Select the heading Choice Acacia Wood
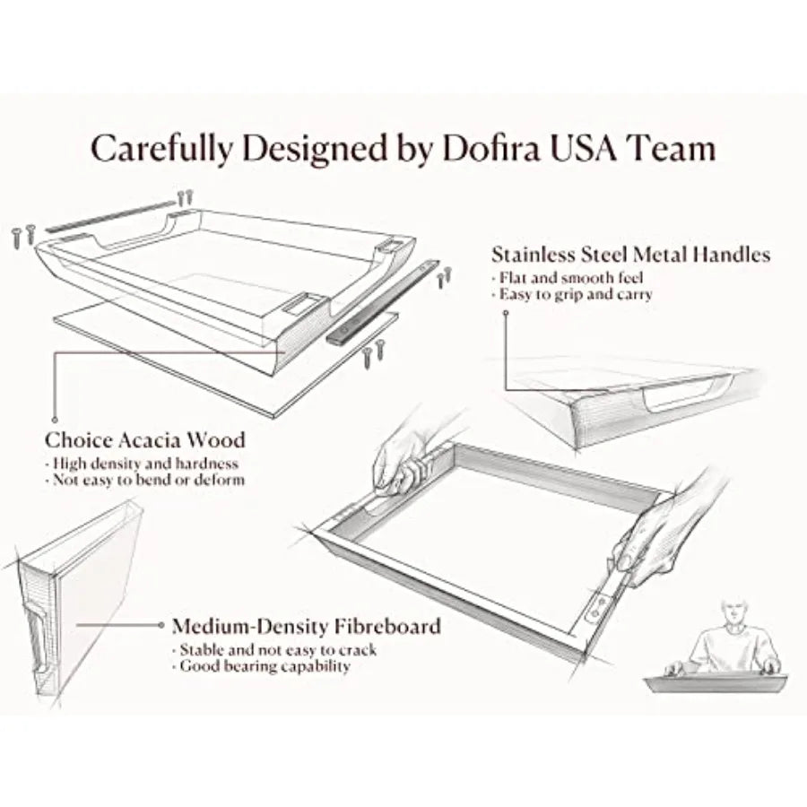(145, 440)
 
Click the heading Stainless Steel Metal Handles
(631, 255)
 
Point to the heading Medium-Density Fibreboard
(307, 627)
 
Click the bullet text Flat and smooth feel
(568, 278)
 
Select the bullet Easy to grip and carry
(572, 294)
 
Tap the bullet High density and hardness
(142, 464)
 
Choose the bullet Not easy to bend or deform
(145, 481)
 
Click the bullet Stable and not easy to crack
(275, 650)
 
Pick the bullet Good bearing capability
(262, 666)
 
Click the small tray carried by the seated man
(716, 683)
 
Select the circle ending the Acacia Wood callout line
(55, 420)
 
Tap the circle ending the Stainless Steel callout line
(506, 313)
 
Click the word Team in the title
(673, 148)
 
